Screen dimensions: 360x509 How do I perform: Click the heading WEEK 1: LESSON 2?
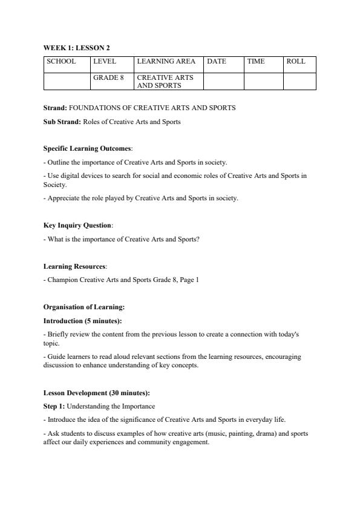[x=76, y=47]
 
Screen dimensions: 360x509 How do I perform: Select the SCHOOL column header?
[x=61, y=61]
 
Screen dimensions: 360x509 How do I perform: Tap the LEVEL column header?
[x=105, y=61]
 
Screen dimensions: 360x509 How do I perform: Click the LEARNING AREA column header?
[x=166, y=61]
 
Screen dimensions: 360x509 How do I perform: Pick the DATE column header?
[x=217, y=61]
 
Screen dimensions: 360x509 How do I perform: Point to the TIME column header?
[x=256, y=61]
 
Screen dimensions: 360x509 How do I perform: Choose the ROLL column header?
[x=296, y=61]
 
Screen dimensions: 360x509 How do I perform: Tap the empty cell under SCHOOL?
[x=67, y=81]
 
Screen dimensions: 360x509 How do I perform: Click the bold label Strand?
[x=56, y=108]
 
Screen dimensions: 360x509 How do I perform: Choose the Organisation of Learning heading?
[x=84, y=307]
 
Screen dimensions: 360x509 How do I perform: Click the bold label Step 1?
[x=54, y=406]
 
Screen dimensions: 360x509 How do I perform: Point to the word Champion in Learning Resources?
[x=62, y=280]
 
